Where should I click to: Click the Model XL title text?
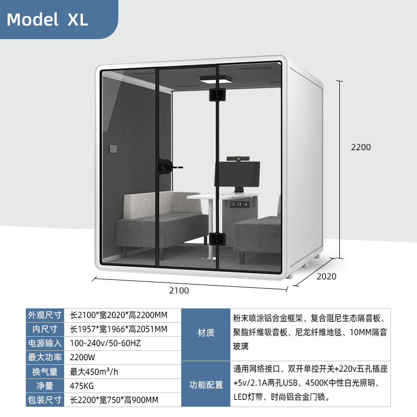pyautogui.click(x=47, y=19)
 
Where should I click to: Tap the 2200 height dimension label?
pyautogui.click(x=360, y=148)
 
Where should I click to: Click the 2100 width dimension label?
pyautogui.click(x=179, y=290)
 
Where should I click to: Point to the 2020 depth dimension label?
pyautogui.click(x=326, y=277)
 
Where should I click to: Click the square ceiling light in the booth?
pyautogui.click(x=216, y=80)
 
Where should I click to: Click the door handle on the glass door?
pyautogui.click(x=166, y=167)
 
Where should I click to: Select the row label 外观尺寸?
pyautogui.click(x=45, y=315)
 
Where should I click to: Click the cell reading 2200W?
pyautogui.click(x=82, y=358)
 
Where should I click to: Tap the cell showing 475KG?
pyautogui.click(x=81, y=386)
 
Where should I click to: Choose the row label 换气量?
pyautogui.click(x=45, y=372)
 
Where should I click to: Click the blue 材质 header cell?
pyautogui.click(x=206, y=333)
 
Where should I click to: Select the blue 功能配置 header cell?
pyautogui.click(x=206, y=385)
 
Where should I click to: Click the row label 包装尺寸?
pyautogui.click(x=45, y=400)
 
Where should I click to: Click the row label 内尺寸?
pyautogui.click(x=45, y=329)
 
